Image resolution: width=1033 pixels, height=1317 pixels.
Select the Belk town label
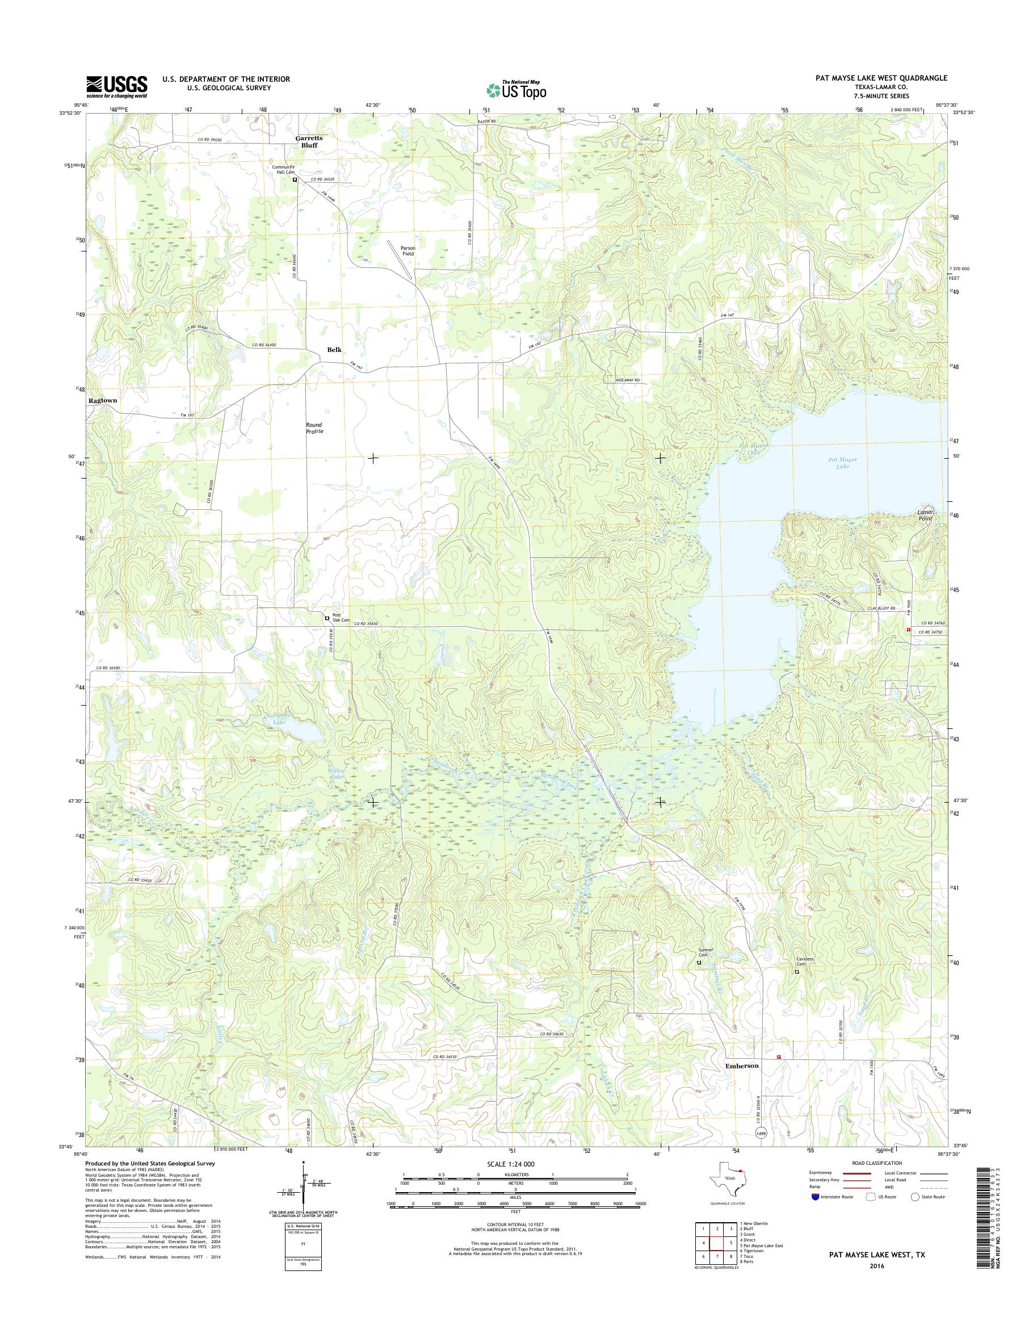point(334,350)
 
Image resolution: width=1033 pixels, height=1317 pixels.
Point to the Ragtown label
point(102,400)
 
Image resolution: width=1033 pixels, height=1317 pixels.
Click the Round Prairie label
point(314,429)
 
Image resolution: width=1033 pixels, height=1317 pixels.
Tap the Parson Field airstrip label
point(408,250)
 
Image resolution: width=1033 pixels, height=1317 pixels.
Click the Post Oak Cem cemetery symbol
point(327,618)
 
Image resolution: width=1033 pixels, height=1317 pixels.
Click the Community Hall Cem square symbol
point(295,180)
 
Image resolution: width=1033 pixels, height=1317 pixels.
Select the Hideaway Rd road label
point(624,380)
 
